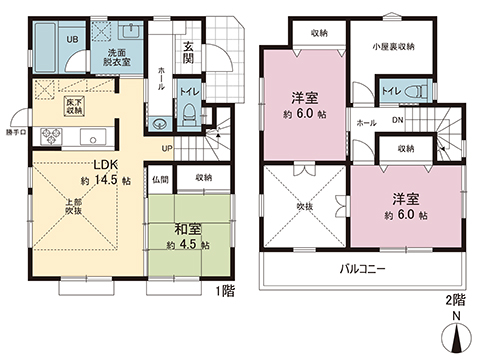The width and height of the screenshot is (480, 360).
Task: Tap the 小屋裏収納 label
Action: tap(395, 45)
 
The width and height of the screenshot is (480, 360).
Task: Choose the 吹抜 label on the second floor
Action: tap(304, 207)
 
